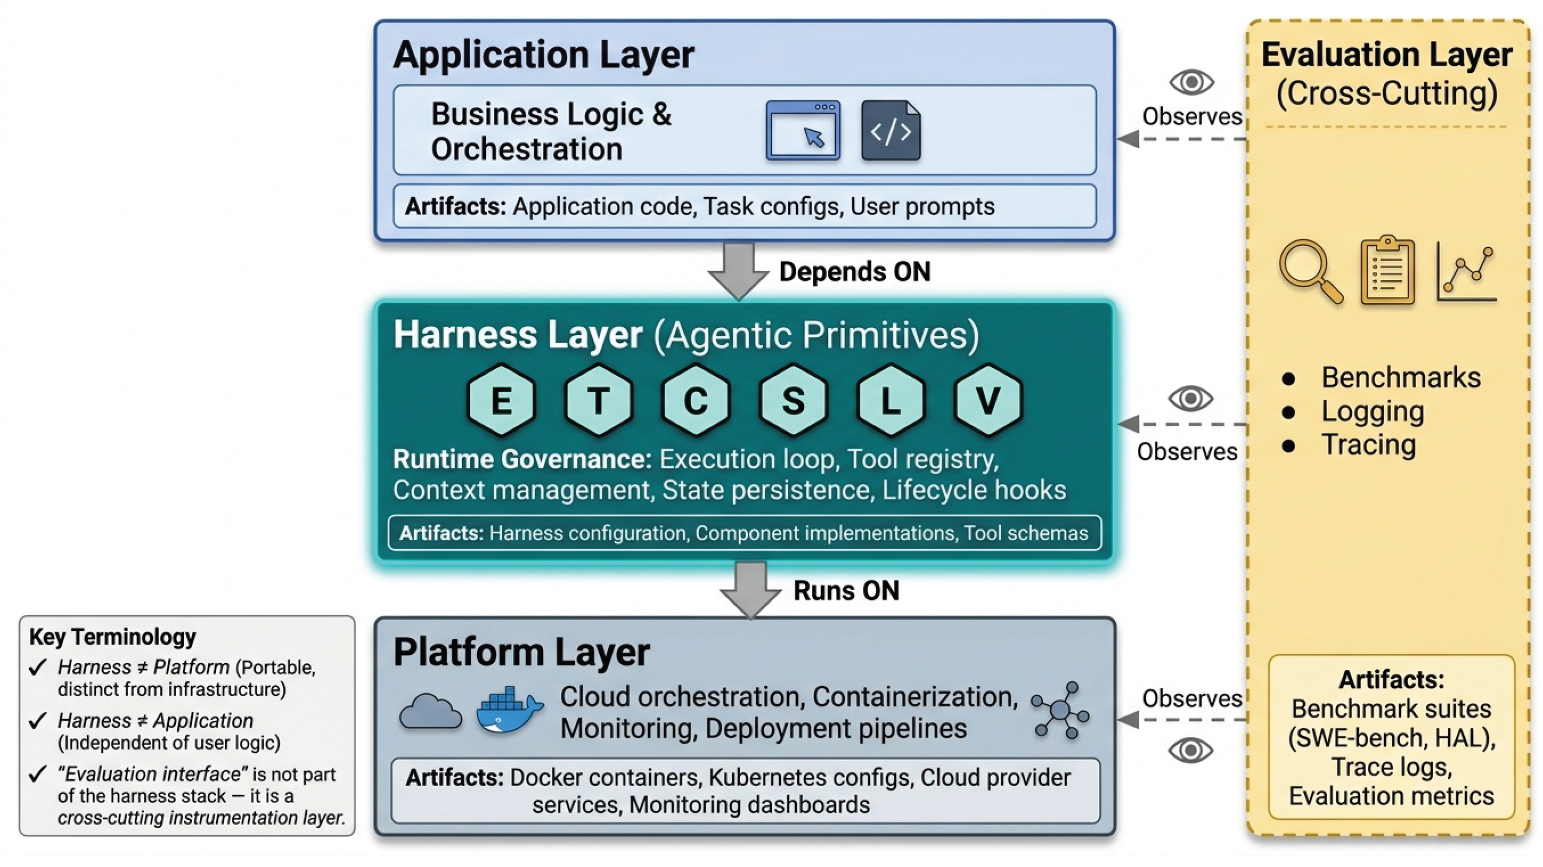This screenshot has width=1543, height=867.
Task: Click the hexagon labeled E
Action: click(x=501, y=399)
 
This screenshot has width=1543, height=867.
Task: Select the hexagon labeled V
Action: click(x=988, y=399)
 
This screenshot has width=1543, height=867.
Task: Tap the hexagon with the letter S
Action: click(x=793, y=399)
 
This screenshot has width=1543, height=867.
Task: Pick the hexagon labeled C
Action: click(x=695, y=399)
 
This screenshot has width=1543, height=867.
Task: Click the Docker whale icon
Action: click(x=509, y=710)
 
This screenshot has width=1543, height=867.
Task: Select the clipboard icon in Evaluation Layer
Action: click(x=1388, y=271)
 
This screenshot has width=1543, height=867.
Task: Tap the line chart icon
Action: click(x=1466, y=273)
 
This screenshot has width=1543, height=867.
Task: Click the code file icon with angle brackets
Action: click(x=891, y=131)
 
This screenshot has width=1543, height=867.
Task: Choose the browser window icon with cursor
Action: click(x=803, y=131)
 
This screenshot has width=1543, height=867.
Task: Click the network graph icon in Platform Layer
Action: click(x=1060, y=710)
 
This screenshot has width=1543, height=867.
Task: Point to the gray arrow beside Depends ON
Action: click(x=739, y=271)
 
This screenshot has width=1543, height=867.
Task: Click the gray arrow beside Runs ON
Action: click(x=751, y=590)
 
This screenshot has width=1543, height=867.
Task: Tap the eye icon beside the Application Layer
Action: click(x=1192, y=82)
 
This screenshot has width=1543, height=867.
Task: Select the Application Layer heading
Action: click(x=543, y=55)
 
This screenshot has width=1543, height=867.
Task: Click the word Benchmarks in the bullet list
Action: click(x=1401, y=377)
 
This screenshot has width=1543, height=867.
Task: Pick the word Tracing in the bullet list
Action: click(x=1369, y=444)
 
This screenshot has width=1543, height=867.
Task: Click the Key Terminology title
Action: click(x=113, y=636)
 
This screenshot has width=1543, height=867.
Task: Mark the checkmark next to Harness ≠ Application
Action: click(x=38, y=720)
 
